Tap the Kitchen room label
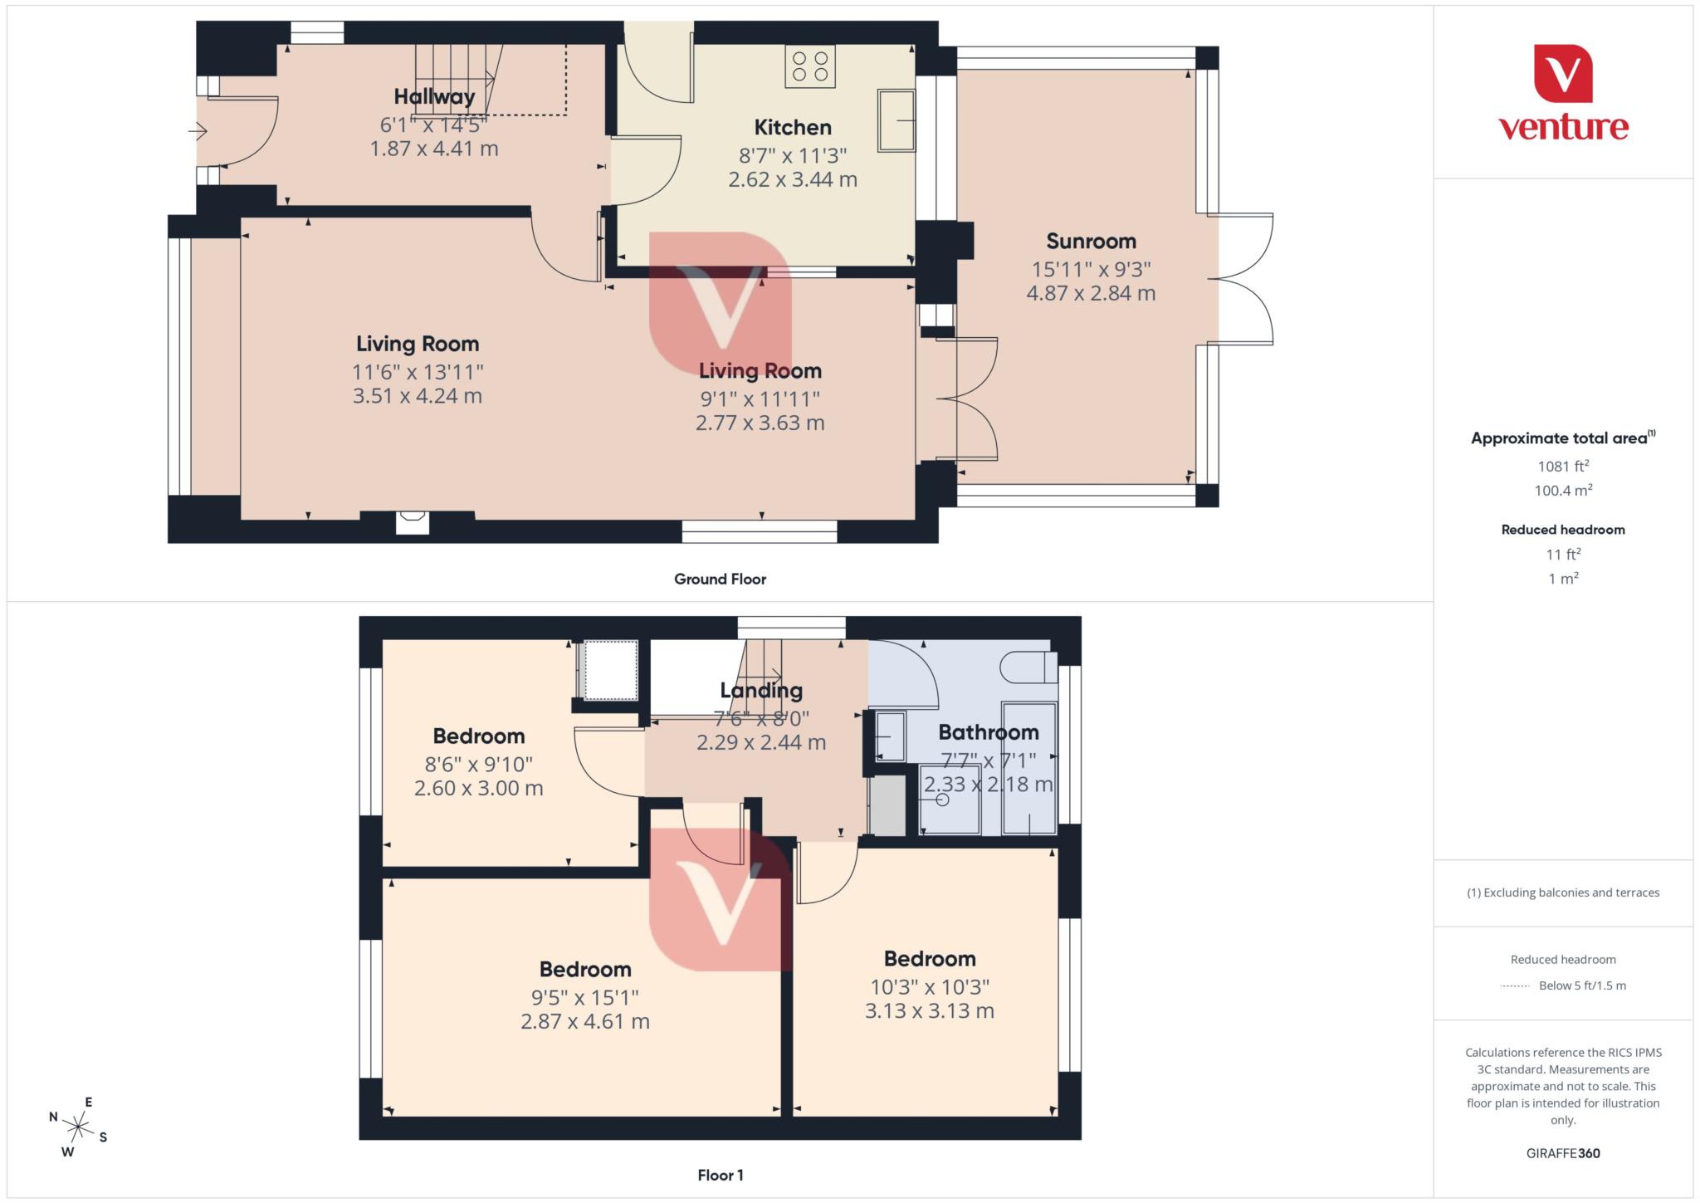pos(792,127)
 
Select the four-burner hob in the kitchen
pos(810,66)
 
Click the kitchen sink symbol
pos(896,121)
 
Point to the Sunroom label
pos(1091,241)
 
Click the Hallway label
pos(434,96)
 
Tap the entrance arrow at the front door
pos(198,131)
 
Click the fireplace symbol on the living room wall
pos(413,522)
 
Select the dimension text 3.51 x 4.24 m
pos(417,396)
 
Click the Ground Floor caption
pos(720,579)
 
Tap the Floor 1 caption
pos(720,1175)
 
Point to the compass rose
pos(78,1127)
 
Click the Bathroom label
pos(988,732)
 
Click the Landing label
pos(760,690)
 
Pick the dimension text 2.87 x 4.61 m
pos(584,1021)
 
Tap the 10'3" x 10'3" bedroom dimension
pos(929,986)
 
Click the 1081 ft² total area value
pos(1562,466)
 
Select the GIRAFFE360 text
pos(1562,1153)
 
